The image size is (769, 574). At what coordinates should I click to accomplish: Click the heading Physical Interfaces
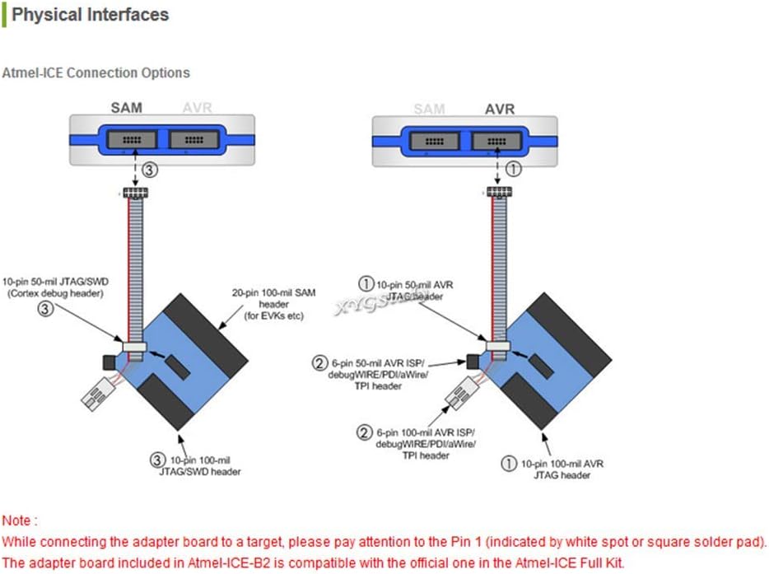coord(90,15)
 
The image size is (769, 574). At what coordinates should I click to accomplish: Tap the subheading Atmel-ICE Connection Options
coord(96,73)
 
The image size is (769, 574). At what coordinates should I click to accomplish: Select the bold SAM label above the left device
coord(127,109)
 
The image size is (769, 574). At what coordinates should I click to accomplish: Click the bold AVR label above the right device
coord(499,109)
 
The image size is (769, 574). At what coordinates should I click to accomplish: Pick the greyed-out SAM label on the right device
coord(429,109)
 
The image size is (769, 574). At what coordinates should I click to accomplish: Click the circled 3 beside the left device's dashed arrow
coord(148,170)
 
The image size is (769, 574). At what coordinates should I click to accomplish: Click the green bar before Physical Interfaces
coord(4,15)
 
